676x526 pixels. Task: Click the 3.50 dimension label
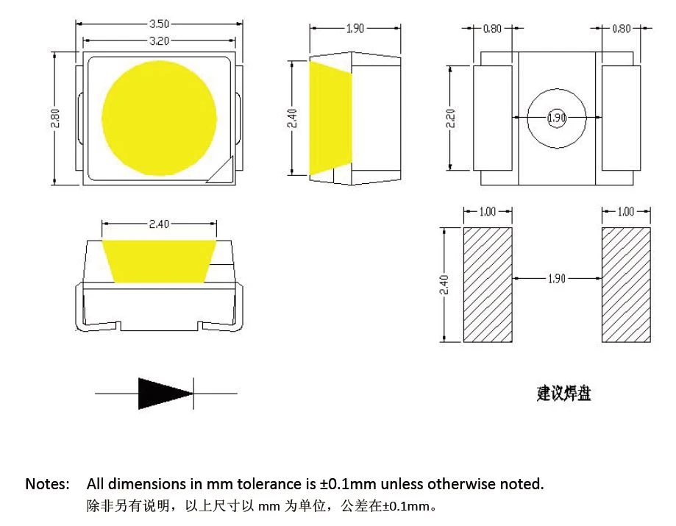pos(159,24)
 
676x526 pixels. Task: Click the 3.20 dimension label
pos(159,41)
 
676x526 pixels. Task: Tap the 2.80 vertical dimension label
pos(55,118)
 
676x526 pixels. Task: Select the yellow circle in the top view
pos(159,118)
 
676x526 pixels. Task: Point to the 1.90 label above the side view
pos(355,29)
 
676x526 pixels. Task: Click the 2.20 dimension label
pos(450,118)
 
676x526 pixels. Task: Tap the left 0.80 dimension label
pos(492,29)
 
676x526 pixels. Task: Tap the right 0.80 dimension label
pos(622,29)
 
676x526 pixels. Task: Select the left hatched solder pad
pos(488,285)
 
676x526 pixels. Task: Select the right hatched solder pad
pos(626,285)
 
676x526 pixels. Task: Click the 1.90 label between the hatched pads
pos(557,279)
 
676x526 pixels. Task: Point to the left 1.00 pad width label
pos(488,212)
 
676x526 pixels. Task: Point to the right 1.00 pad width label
pos(625,212)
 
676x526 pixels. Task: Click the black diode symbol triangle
pos(166,394)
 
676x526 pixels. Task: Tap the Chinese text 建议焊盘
pos(564,393)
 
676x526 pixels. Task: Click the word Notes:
pos(47,484)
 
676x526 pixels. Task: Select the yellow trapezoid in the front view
pos(159,262)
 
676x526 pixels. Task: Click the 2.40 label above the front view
pos(159,224)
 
